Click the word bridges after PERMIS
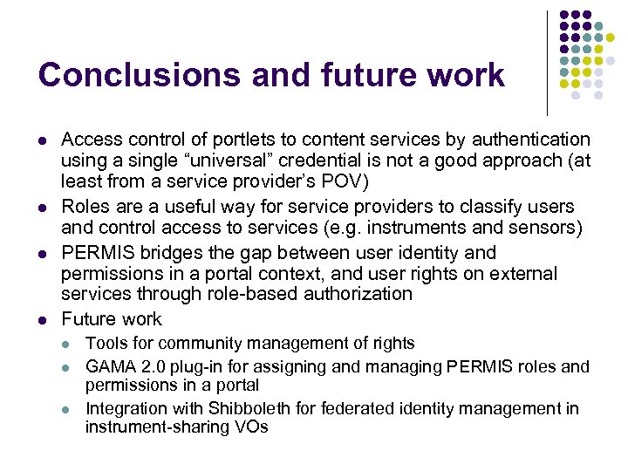[x=163, y=253]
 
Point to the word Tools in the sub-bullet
[x=106, y=344]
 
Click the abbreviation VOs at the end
[x=251, y=427]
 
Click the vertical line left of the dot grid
[x=547, y=63]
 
